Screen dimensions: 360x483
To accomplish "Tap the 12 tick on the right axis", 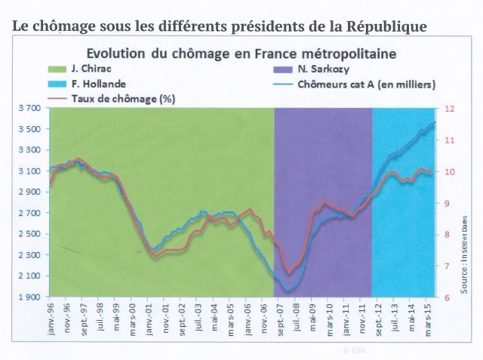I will [x=451, y=109].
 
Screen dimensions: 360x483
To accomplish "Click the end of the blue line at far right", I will [x=435, y=122].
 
